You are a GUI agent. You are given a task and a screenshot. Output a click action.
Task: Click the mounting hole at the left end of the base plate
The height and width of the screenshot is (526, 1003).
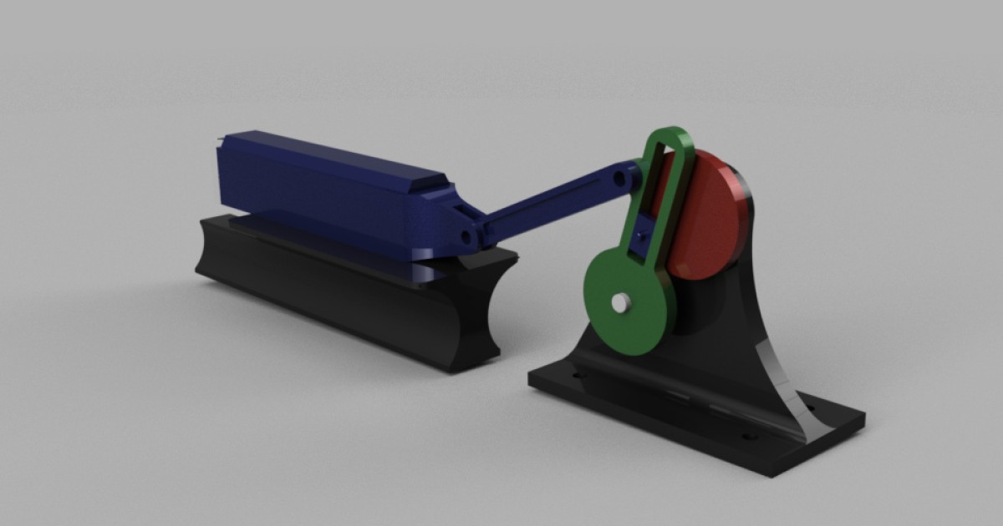(x=577, y=377)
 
